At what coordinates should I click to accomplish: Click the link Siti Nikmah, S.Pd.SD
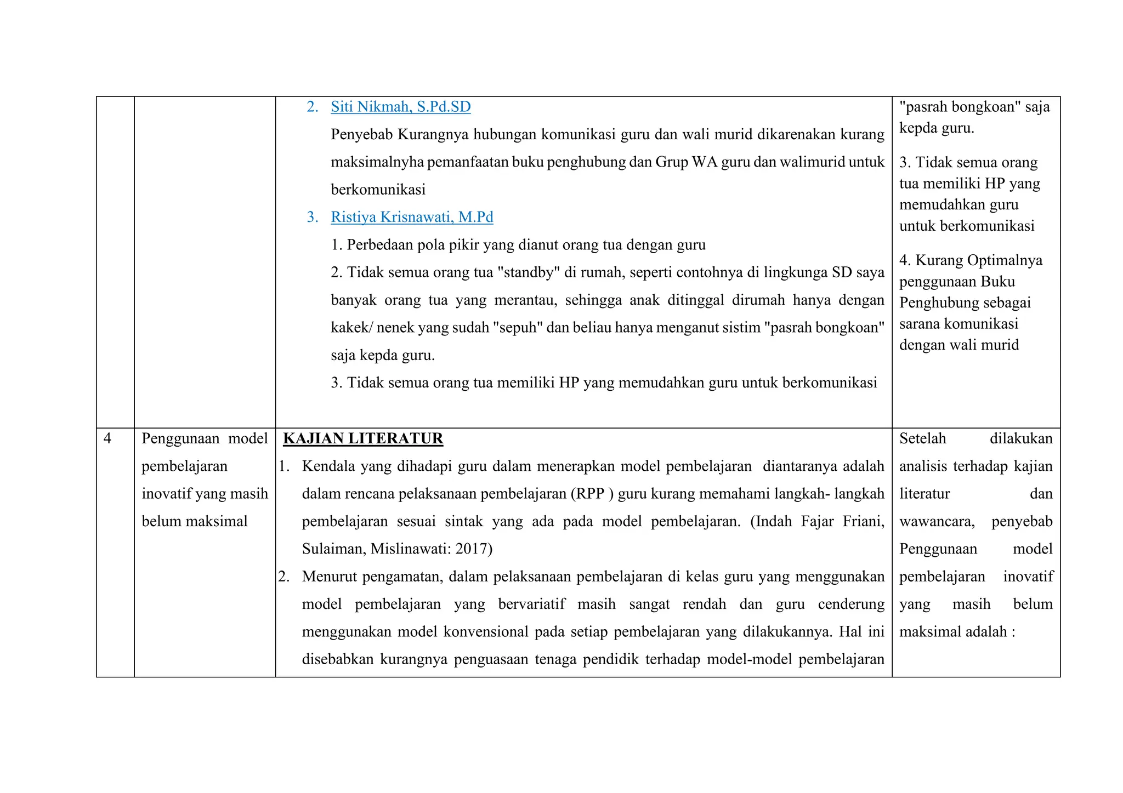pos(400,107)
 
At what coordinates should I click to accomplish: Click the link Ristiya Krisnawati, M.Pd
pos(412,217)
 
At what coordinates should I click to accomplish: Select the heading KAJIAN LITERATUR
pos(363,438)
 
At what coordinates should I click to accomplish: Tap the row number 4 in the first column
pos(107,438)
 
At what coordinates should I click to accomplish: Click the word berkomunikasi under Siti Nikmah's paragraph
pos(378,190)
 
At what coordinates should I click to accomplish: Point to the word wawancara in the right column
pos(936,521)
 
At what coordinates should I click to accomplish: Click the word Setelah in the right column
pos(922,438)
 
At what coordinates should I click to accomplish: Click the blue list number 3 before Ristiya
pos(312,217)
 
